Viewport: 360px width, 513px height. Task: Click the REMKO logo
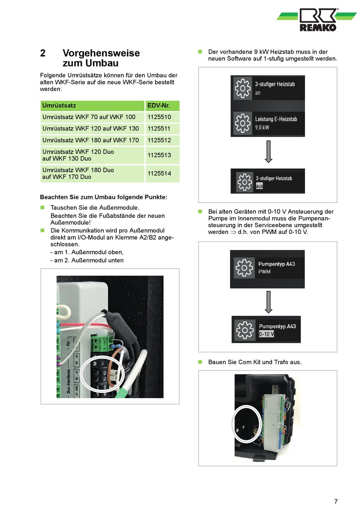click(318, 20)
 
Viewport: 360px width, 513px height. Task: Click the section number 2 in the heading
click(43, 53)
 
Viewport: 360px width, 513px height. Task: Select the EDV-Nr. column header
click(159, 105)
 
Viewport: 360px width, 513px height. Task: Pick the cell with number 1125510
click(159, 117)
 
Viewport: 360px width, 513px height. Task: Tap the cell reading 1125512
click(159, 140)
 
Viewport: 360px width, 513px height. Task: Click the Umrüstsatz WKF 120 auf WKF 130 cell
click(91, 129)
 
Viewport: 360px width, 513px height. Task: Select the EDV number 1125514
click(159, 173)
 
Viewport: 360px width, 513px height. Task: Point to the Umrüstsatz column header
click(59, 105)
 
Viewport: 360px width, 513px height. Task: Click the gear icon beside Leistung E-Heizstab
click(243, 123)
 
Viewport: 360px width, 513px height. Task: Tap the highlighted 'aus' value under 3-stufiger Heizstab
click(259, 186)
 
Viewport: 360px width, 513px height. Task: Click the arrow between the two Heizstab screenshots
click(268, 151)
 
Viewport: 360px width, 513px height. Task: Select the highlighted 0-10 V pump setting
click(266, 334)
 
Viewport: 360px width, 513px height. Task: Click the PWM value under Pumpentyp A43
click(265, 272)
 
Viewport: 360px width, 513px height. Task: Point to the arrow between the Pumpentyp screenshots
click(268, 302)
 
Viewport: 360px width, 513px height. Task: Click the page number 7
click(336, 501)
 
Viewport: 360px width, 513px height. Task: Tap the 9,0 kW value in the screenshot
click(262, 127)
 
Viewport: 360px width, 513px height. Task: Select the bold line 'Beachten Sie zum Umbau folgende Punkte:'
click(103, 197)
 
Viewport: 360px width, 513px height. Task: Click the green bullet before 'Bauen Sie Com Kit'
click(200, 362)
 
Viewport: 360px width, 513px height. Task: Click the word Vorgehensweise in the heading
click(101, 53)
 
